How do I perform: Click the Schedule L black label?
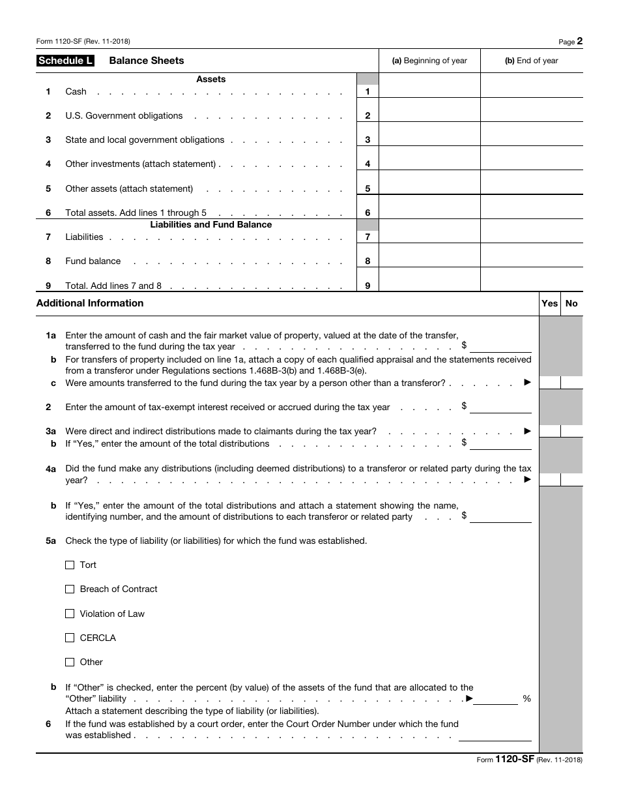tap(65, 61)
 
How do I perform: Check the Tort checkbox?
tap(70, 565)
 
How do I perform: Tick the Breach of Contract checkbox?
tap(70, 589)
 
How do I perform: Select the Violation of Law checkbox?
tap(70, 614)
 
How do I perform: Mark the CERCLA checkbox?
tap(70, 638)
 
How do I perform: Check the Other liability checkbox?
tap(70, 662)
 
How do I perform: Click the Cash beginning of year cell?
tap(429, 85)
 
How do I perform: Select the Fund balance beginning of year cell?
tap(429, 255)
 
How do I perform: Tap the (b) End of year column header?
tap(531, 61)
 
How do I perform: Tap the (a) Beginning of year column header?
tap(429, 61)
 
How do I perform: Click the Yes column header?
tap(550, 303)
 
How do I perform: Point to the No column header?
tap(571, 303)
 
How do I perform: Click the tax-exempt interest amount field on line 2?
tap(500, 407)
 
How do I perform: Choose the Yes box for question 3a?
tap(550, 431)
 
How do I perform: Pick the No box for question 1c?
tap(571, 383)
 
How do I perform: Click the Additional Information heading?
tap(90, 303)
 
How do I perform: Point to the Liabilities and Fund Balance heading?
tap(211, 224)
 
